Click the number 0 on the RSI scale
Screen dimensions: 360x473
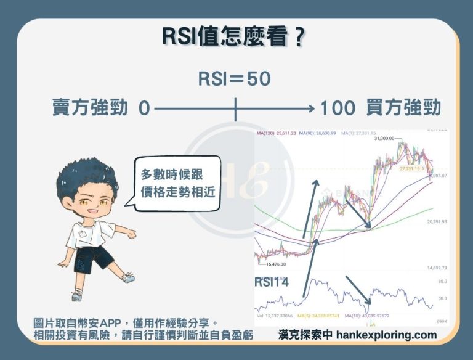click(x=144, y=108)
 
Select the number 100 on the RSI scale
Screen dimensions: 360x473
click(x=338, y=108)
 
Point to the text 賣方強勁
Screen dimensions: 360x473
click(x=90, y=108)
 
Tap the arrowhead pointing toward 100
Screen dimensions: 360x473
click(x=311, y=108)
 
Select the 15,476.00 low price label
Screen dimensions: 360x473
click(x=275, y=264)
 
